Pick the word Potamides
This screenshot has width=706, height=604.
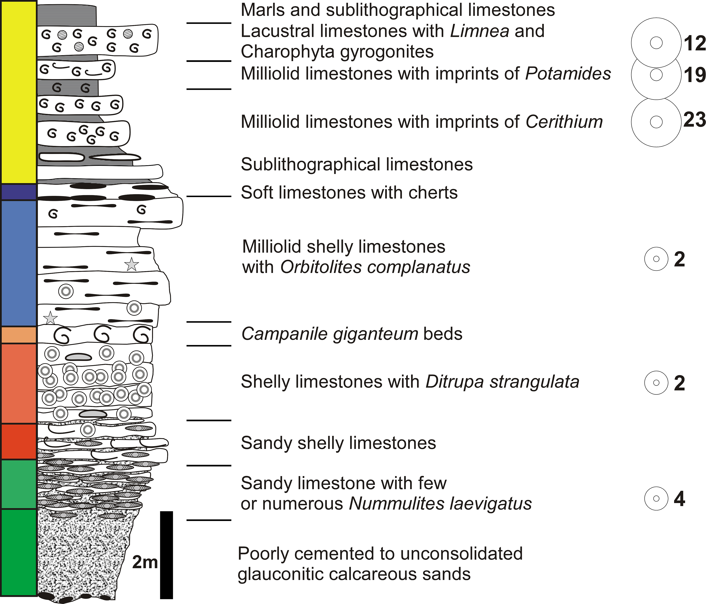pyautogui.click(x=568, y=73)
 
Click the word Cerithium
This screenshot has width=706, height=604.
pyautogui.click(x=564, y=122)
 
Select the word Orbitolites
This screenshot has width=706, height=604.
pyautogui.click(x=320, y=267)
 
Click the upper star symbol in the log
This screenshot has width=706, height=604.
pyautogui.click(x=132, y=264)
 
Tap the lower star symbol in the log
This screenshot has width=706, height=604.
pyautogui.click(x=50, y=318)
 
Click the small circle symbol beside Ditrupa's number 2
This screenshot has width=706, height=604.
pyautogui.click(x=656, y=383)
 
